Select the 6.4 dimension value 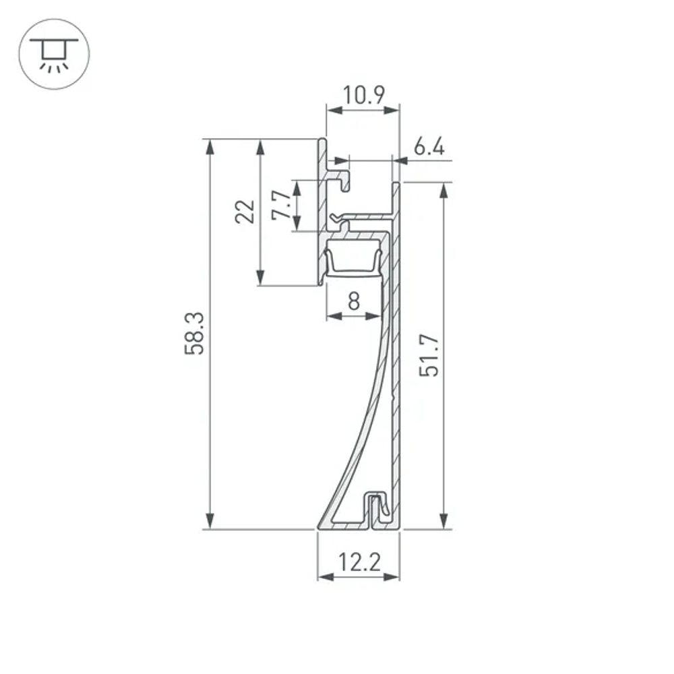pyautogui.click(x=429, y=148)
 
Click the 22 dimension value pyautogui.click(x=245, y=212)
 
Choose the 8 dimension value pyautogui.click(x=353, y=302)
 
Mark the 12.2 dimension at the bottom pyautogui.click(x=359, y=561)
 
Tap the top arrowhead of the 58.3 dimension pyautogui.click(x=211, y=146)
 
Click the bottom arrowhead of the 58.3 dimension pyautogui.click(x=211, y=522)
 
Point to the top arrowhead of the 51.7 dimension pyautogui.click(x=443, y=190)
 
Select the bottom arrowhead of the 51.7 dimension pyautogui.click(x=443, y=522)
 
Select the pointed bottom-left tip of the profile pyautogui.click(x=319, y=527)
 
